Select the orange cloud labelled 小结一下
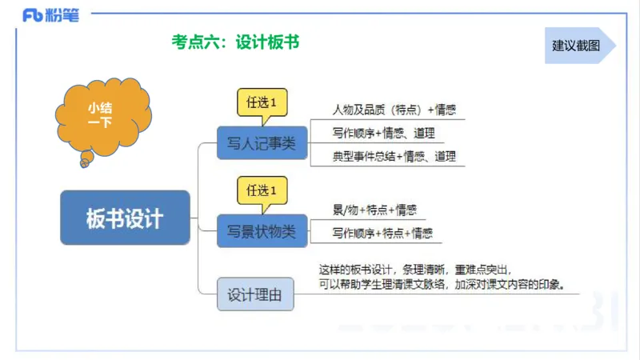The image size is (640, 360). click(100, 115)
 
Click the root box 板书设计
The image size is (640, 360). click(125, 218)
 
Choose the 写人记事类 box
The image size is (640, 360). click(262, 143)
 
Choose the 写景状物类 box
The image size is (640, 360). click(262, 231)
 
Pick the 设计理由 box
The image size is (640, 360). click(255, 294)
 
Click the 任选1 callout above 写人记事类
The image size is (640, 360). click(262, 102)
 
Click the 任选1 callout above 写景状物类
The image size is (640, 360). click(262, 190)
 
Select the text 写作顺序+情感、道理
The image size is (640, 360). click(383, 133)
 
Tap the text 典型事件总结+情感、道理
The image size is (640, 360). click(394, 157)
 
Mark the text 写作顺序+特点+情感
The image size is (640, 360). click(382, 234)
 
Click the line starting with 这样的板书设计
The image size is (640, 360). click(414, 269)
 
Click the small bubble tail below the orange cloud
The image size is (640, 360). click(84, 162)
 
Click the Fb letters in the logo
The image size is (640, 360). click(32, 14)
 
